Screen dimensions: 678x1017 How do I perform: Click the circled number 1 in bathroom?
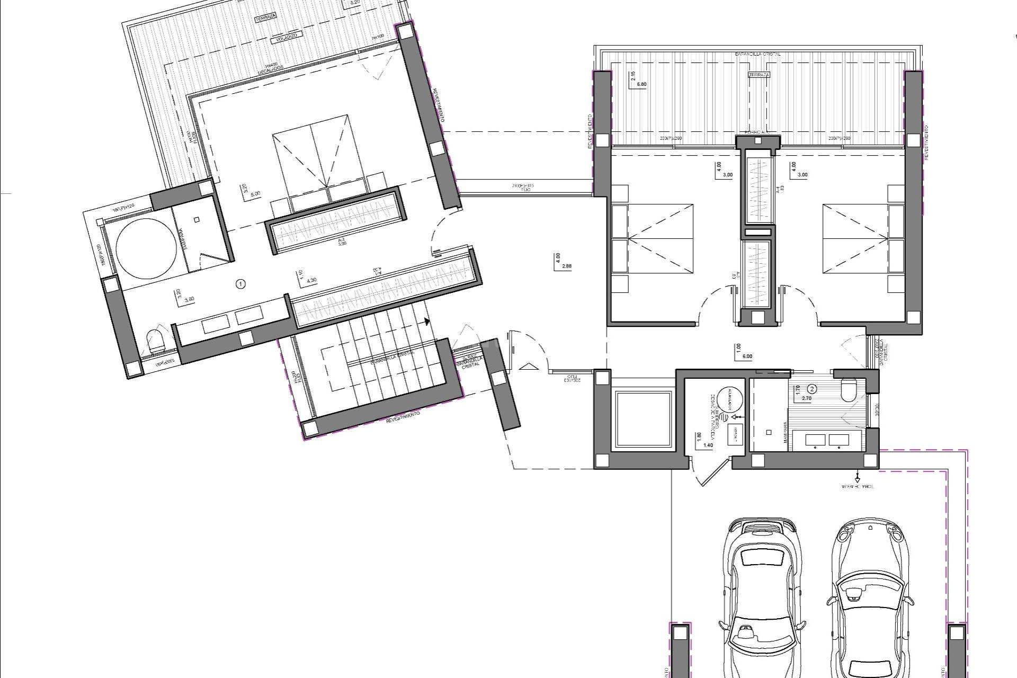click(241, 284)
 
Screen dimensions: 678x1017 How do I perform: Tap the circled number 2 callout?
click(813, 389)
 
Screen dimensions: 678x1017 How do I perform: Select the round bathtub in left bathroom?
click(146, 249)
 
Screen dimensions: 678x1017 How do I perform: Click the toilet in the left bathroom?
click(155, 342)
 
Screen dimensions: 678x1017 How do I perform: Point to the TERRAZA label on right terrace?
click(759, 75)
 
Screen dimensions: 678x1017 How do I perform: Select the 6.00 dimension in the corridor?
click(747, 356)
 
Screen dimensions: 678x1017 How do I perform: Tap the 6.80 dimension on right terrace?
click(641, 84)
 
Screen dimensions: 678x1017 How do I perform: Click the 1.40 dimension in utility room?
click(708, 446)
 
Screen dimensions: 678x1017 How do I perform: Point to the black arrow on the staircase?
click(426, 321)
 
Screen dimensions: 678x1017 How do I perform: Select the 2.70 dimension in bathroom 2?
click(807, 398)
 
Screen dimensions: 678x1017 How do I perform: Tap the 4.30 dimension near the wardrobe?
click(311, 280)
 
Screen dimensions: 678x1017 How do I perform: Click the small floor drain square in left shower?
click(197, 219)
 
